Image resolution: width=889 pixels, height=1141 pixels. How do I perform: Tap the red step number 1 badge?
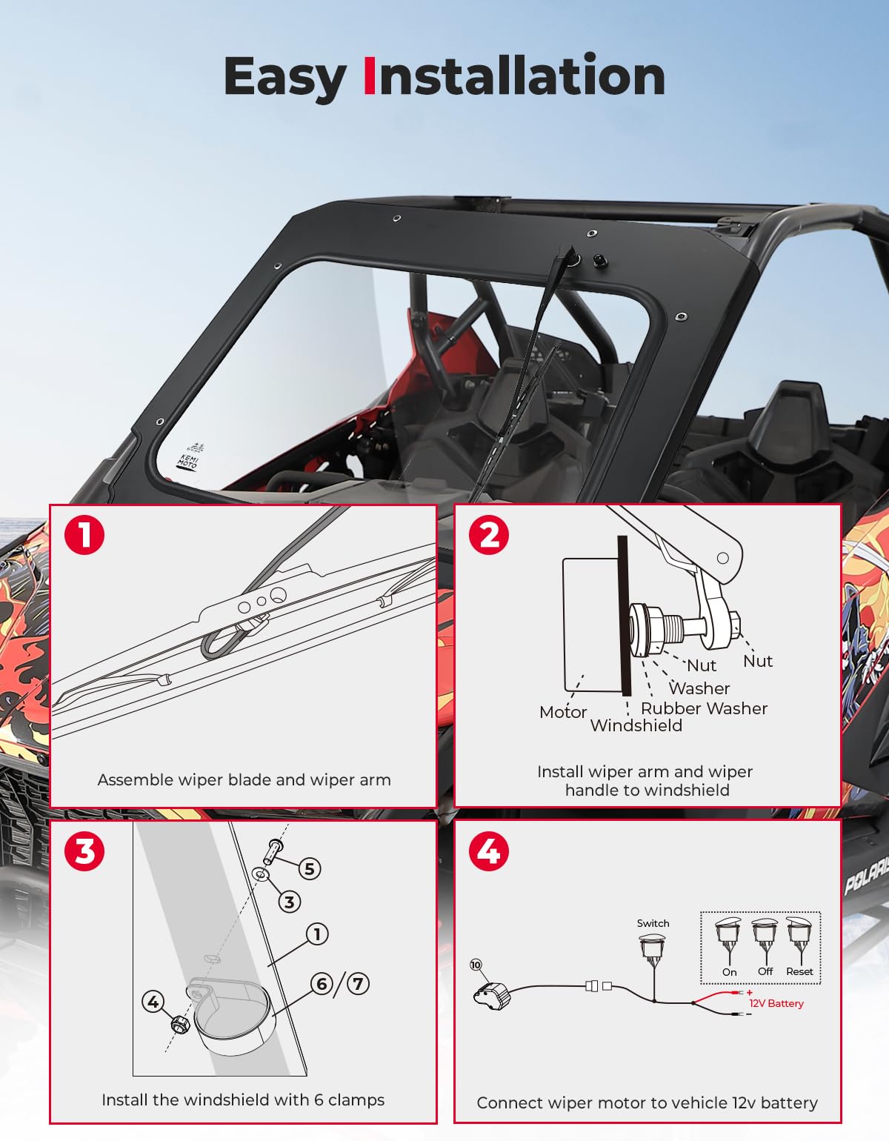[84, 534]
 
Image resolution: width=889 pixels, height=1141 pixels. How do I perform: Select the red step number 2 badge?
[489, 534]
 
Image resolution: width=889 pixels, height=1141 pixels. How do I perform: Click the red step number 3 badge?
[84, 851]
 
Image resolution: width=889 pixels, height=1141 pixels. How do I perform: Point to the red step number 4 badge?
[489, 851]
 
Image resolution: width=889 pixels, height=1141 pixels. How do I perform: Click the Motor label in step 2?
[563, 712]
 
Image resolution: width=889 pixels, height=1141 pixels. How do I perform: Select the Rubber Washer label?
[704, 708]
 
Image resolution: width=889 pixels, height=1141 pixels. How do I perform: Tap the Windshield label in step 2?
[636, 726]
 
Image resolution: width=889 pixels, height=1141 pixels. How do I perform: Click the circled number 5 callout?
[310, 868]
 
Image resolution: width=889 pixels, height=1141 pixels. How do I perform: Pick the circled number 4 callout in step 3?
[153, 1002]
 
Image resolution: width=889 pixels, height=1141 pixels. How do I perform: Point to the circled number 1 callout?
[317, 934]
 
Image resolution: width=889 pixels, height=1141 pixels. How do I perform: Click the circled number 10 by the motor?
[476, 965]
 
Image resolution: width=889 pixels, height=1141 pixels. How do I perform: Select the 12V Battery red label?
[776, 1003]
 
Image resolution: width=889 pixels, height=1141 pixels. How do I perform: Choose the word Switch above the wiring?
[653, 923]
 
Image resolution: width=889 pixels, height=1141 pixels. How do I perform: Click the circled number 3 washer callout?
[289, 902]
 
